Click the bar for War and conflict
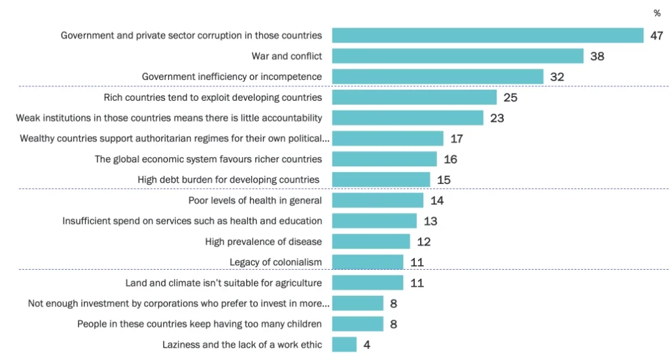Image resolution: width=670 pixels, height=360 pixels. (x=457, y=56)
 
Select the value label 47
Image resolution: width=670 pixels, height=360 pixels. (x=657, y=36)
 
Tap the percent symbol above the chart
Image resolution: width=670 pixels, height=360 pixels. (x=657, y=13)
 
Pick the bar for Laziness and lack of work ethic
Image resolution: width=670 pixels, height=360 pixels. (x=344, y=344)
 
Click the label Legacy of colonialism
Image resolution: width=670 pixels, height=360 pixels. (x=275, y=262)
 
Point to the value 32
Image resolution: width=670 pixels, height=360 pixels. (x=557, y=77)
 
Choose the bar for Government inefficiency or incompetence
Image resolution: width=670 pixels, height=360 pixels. (x=438, y=77)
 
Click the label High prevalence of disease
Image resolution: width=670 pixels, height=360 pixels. (x=263, y=242)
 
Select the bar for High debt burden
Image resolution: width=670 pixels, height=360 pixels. (x=381, y=179)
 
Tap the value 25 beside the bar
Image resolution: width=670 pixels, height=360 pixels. (x=510, y=98)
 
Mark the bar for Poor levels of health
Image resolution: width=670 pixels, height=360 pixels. (x=378, y=200)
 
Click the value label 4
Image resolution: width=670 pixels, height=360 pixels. (x=366, y=344)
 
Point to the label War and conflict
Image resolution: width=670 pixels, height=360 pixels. (x=287, y=56)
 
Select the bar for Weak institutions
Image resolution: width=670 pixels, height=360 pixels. (x=408, y=118)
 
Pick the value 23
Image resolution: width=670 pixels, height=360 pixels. (x=497, y=118)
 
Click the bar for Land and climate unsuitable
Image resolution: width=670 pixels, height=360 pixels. (x=368, y=283)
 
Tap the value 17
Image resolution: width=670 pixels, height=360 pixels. (x=457, y=139)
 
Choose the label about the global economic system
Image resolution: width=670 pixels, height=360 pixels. (x=208, y=159)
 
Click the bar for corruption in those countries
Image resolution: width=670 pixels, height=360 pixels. (x=488, y=35)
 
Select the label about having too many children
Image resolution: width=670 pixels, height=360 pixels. (x=200, y=324)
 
